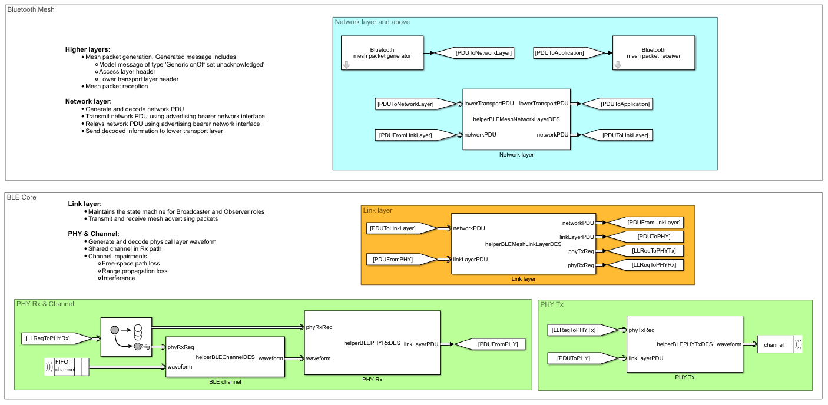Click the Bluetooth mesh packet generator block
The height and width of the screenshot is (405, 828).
[382, 53]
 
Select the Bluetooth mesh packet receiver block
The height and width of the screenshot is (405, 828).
[653, 53]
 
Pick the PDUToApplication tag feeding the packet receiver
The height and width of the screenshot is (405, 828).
[560, 53]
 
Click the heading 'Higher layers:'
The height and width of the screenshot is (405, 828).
[88, 49]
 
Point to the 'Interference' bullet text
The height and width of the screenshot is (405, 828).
[118, 278]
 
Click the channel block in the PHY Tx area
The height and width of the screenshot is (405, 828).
[774, 344]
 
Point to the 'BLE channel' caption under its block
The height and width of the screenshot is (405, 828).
[225, 382]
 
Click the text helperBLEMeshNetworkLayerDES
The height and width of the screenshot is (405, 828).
[515, 119]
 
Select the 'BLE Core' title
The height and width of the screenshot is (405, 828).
[22, 197]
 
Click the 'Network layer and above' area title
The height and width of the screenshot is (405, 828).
[372, 22]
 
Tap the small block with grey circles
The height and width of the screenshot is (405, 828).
[126, 337]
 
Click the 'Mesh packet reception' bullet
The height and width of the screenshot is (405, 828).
[117, 87]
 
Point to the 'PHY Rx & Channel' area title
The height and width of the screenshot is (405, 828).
[45, 304]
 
